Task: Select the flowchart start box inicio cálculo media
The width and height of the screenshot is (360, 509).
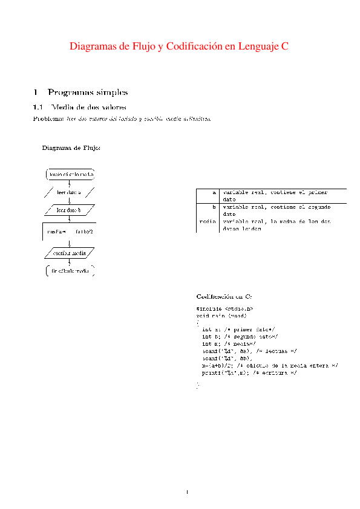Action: coord(71,175)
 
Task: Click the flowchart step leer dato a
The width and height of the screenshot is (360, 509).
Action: coord(69,192)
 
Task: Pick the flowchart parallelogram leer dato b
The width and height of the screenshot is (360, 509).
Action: coord(69,210)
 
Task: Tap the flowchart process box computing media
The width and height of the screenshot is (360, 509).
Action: coord(70,231)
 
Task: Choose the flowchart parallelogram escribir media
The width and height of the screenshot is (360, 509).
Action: coord(70,253)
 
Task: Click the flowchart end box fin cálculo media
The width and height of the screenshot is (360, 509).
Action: coord(70,271)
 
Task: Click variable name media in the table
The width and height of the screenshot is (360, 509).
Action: coord(208,222)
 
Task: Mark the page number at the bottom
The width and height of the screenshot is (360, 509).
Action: coord(188,491)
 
